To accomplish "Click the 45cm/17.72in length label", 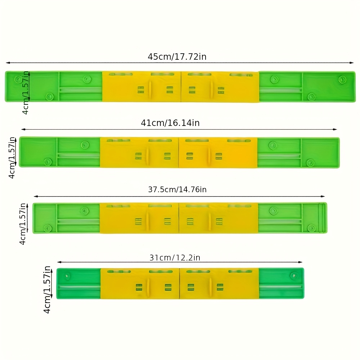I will click(x=177, y=57).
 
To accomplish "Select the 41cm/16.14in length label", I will click(x=170, y=123).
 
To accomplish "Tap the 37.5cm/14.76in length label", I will click(x=177, y=189).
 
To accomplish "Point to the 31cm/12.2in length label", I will click(x=175, y=257).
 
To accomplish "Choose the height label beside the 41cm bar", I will click(x=12, y=157).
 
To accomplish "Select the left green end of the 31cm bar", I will click(x=78, y=283).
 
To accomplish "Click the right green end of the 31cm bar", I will click(x=281, y=283).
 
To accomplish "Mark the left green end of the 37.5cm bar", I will click(x=66, y=218).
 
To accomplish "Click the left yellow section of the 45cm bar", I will click(x=141, y=86).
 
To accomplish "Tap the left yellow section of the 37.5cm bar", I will click(x=139, y=218).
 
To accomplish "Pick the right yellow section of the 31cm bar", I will click(x=219, y=283).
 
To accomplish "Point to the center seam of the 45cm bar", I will click(x=180, y=86).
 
